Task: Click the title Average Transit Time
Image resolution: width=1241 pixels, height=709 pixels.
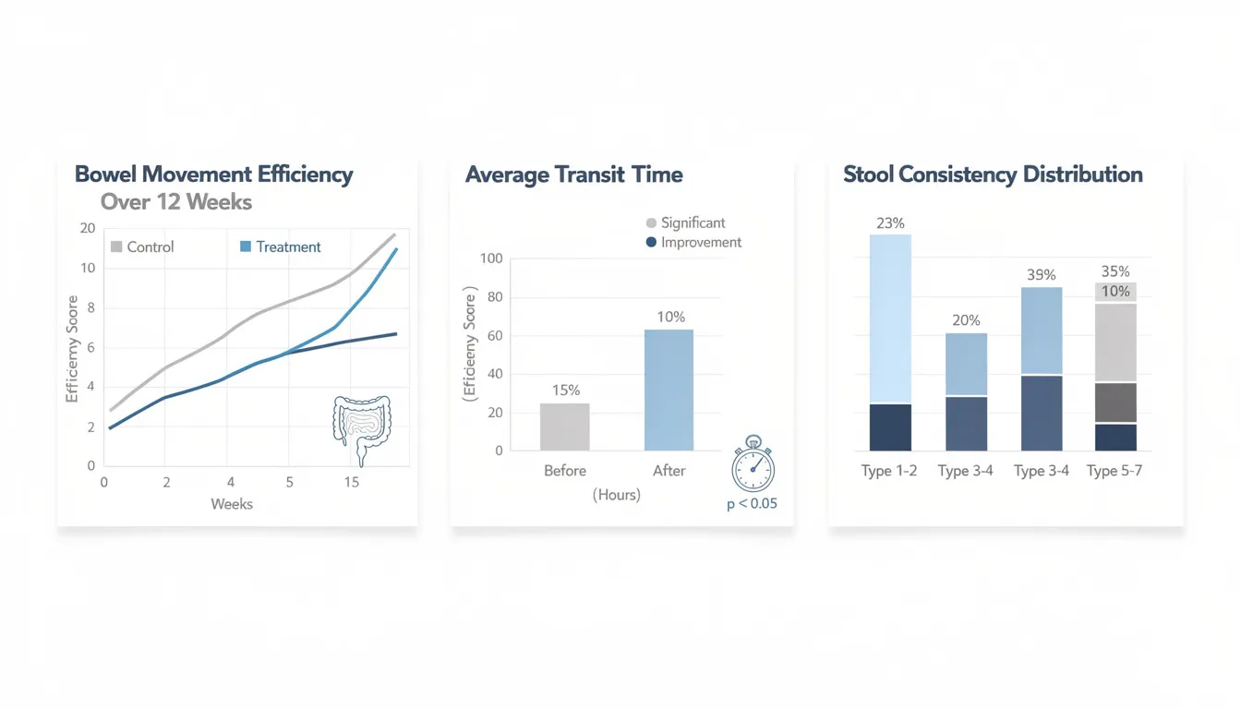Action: click(x=573, y=174)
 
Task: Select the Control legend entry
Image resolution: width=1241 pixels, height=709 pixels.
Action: click(x=142, y=246)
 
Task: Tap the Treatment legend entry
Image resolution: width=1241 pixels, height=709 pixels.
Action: click(x=281, y=246)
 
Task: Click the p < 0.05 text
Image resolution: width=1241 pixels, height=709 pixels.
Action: click(x=752, y=504)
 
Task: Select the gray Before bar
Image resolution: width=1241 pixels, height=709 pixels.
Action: click(x=564, y=427)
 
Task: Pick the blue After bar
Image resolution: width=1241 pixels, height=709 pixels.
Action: click(x=669, y=390)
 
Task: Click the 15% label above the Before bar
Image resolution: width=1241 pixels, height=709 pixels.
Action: click(x=564, y=390)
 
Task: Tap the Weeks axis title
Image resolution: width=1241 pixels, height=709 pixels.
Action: click(x=232, y=504)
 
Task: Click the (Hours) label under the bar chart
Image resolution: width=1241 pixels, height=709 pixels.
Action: click(x=616, y=495)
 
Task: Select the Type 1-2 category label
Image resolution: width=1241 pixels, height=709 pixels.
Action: click(x=889, y=471)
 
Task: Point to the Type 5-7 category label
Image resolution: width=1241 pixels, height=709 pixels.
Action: click(x=1114, y=471)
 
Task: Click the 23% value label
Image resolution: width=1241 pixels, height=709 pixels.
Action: click(x=890, y=222)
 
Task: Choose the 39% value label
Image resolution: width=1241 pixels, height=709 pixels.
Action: click(x=1041, y=275)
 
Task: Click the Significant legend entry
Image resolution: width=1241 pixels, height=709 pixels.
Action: click(x=685, y=222)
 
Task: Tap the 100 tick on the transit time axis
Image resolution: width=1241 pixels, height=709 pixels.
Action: click(x=491, y=258)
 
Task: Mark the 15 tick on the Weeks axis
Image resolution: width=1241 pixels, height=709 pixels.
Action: click(x=351, y=482)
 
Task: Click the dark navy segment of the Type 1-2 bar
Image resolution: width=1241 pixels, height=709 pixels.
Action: click(x=890, y=427)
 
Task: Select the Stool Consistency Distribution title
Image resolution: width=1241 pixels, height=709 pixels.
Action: click(x=993, y=174)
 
